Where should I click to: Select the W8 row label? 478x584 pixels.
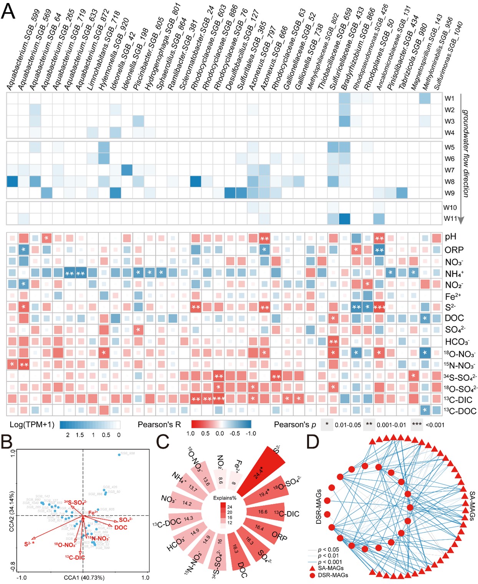click(450, 181)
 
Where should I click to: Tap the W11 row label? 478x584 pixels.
click(450, 219)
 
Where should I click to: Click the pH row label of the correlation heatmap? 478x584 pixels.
click(451, 237)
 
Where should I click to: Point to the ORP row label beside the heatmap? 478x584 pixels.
click(454, 250)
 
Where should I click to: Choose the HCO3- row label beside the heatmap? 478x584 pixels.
click(457, 342)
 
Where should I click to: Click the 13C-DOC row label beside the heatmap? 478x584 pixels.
click(460, 411)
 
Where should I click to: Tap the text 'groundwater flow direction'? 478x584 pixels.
click(466, 153)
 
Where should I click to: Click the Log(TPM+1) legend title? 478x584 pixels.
click(32, 425)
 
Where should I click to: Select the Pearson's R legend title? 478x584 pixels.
click(159, 425)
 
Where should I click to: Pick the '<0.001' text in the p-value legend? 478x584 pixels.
click(435, 425)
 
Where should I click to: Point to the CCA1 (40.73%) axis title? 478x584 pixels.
click(84, 577)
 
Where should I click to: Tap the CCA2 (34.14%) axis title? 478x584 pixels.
click(12, 511)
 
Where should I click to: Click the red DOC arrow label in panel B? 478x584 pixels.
click(121, 527)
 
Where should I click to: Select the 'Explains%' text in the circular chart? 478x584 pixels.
click(225, 498)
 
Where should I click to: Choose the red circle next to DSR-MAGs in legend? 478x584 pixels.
click(312, 575)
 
